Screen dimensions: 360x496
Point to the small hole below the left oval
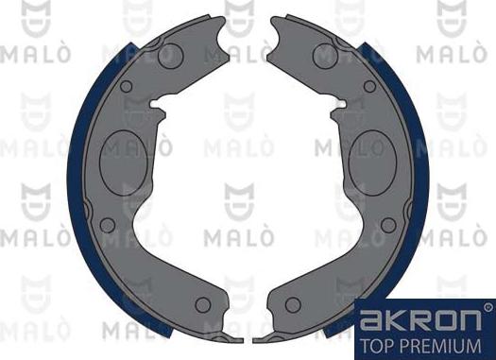(x=107, y=225)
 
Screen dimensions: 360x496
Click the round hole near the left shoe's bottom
(x=201, y=304)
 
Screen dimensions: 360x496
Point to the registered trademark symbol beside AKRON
(x=487, y=306)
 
